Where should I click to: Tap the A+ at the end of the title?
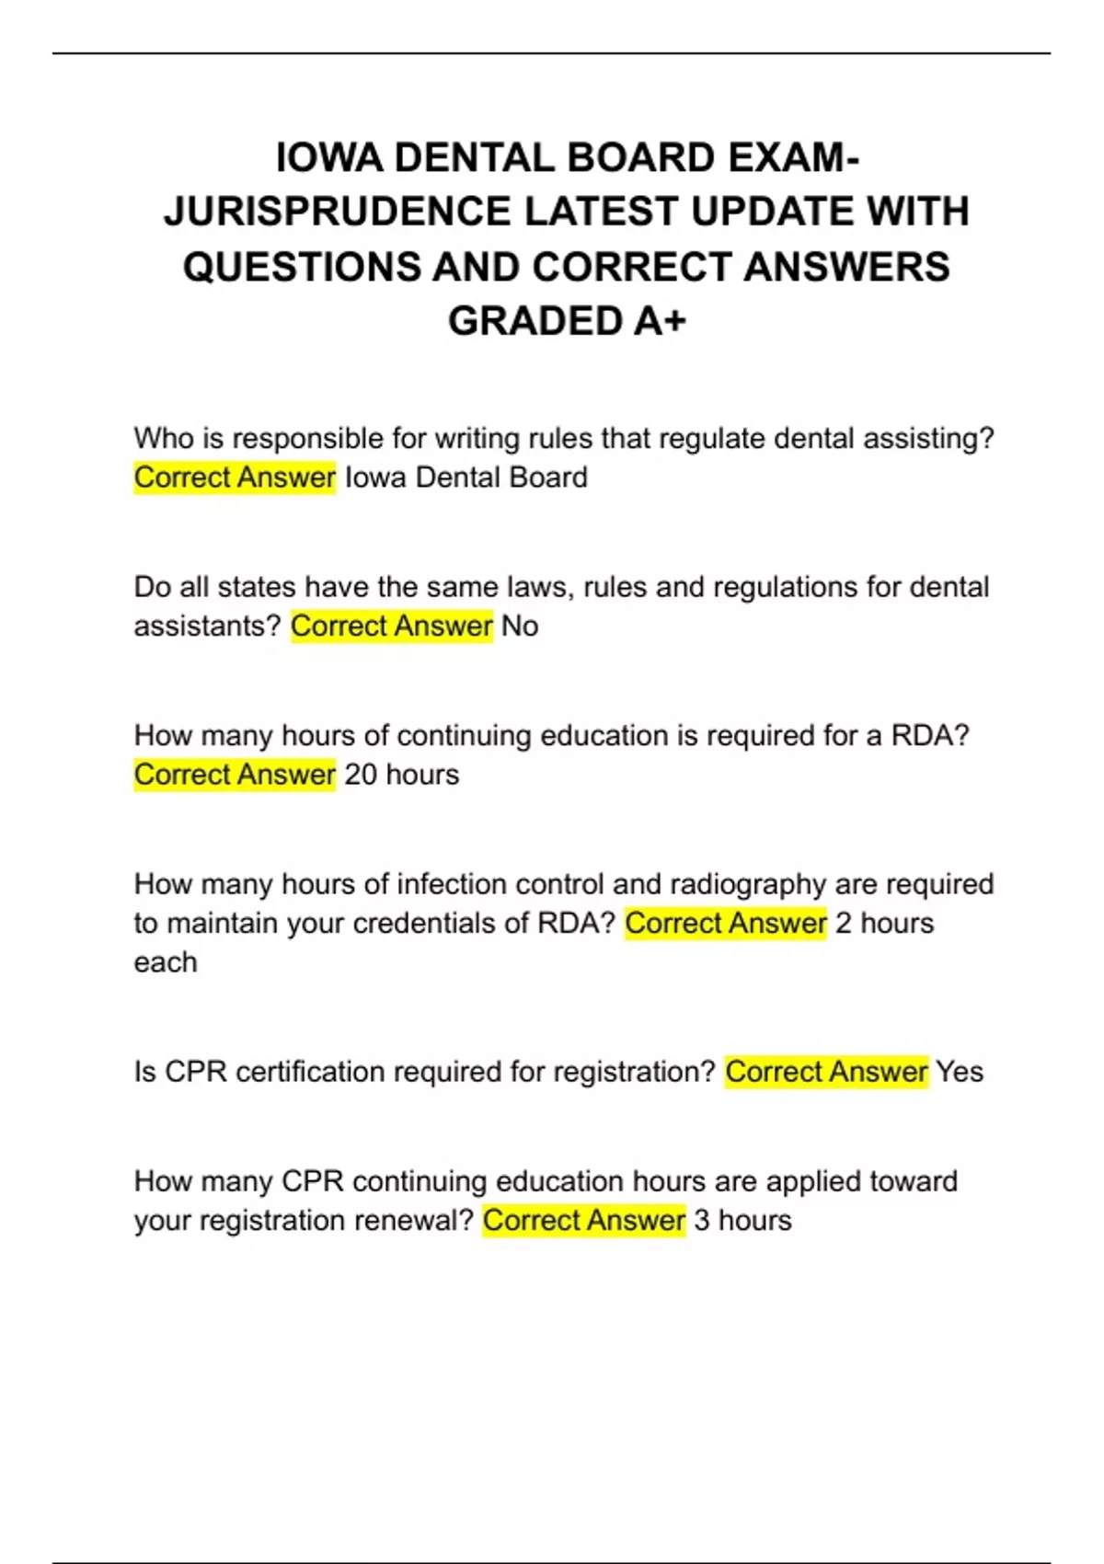(x=659, y=321)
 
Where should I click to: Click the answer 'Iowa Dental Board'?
(x=466, y=477)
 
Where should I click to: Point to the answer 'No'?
(x=520, y=627)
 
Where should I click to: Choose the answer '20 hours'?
(x=401, y=775)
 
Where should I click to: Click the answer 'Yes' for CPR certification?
(x=960, y=1072)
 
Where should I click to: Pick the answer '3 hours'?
(x=742, y=1221)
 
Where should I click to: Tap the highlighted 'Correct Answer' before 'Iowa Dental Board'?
(x=235, y=477)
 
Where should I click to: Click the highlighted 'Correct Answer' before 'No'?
(x=392, y=627)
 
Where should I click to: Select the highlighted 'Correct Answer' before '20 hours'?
(x=235, y=775)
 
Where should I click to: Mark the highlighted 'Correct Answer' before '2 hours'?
(x=726, y=924)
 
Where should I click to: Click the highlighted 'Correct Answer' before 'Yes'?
(x=826, y=1072)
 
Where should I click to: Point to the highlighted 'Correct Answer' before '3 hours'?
(x=584, y=1221)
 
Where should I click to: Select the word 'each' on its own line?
(x=166, y=962)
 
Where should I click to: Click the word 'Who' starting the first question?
(x=163, y=439)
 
